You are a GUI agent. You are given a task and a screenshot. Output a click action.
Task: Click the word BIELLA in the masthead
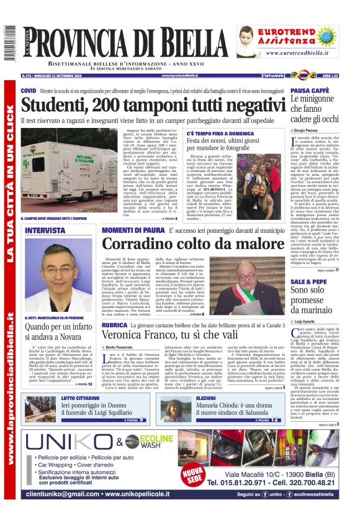[193, 43]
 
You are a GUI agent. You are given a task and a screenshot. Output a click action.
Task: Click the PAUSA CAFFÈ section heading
[310, 91]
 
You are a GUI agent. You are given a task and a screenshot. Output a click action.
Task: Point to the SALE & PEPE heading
[308, 281]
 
